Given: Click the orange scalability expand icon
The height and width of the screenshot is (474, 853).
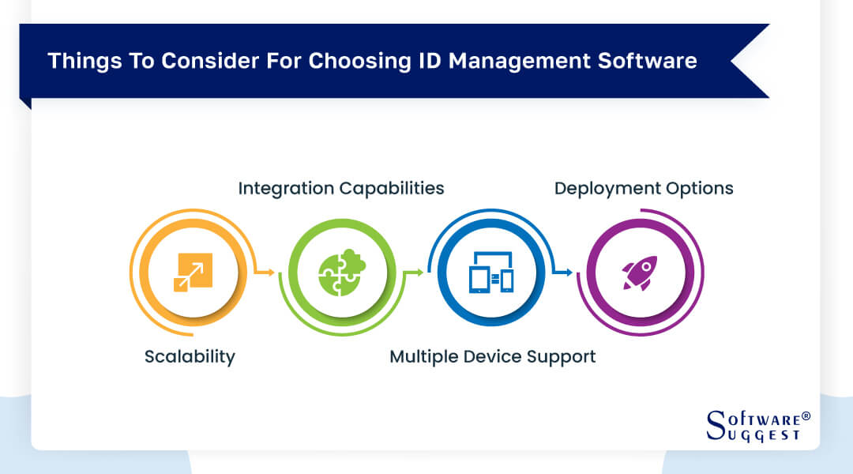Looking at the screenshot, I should point(193,273).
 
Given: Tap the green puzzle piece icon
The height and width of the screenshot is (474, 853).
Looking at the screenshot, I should point(339,273).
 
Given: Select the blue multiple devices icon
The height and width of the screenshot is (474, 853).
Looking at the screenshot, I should point(490,273).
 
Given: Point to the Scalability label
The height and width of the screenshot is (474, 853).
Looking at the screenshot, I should point(190,356).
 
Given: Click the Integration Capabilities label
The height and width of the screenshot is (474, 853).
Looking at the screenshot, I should point(341,188).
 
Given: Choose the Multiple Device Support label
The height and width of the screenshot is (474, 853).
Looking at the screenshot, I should point(492,356).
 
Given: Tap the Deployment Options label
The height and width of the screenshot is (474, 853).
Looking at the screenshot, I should point(644,188).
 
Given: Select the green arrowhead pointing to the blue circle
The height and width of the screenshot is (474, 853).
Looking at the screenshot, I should point(419,273).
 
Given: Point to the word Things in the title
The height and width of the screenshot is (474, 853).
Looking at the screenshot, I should point(79,61).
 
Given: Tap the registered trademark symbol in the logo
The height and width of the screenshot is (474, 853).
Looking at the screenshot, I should point(806,415).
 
